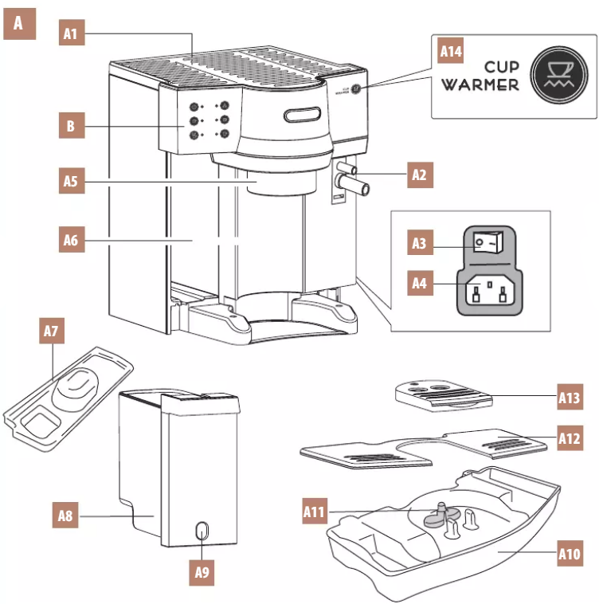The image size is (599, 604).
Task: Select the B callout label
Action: [x=72, y=125]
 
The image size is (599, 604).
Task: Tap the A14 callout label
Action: [x=451, y=52]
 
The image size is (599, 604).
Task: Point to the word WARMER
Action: [x=480, y=85]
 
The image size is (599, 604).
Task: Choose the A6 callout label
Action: [x=72, y=238]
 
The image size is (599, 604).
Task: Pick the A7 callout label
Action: [x=53, y=331]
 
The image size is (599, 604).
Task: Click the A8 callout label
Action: [x=66, y=516]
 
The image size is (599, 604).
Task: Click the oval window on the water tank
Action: [x=202, y=531]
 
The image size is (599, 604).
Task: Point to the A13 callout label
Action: [x=570, y=396]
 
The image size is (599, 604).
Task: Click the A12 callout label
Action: [x=570, y=437]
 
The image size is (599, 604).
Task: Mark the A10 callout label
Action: [x=570, y=551]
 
